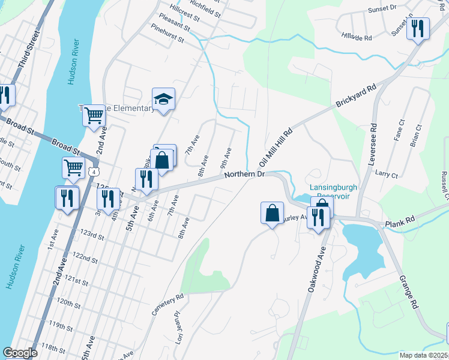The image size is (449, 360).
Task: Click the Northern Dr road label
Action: pos(244,175)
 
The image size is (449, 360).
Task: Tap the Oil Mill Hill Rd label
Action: pos(276,147)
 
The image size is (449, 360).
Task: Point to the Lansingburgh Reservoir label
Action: pos(333,191)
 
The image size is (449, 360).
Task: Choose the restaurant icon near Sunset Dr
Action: pos(418,28)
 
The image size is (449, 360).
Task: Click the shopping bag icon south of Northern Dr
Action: pos(272,212)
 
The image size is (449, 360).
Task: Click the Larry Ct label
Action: pos(386,175)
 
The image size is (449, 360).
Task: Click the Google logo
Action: pos(20,353)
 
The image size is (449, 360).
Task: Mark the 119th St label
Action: pos(61,326)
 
